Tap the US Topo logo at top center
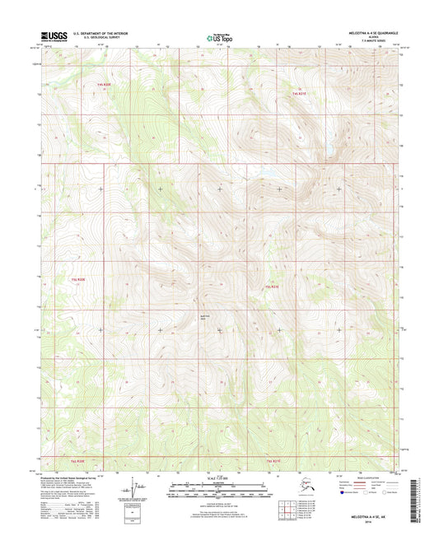(x=218, y=36)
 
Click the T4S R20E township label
(x=103, y=85)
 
